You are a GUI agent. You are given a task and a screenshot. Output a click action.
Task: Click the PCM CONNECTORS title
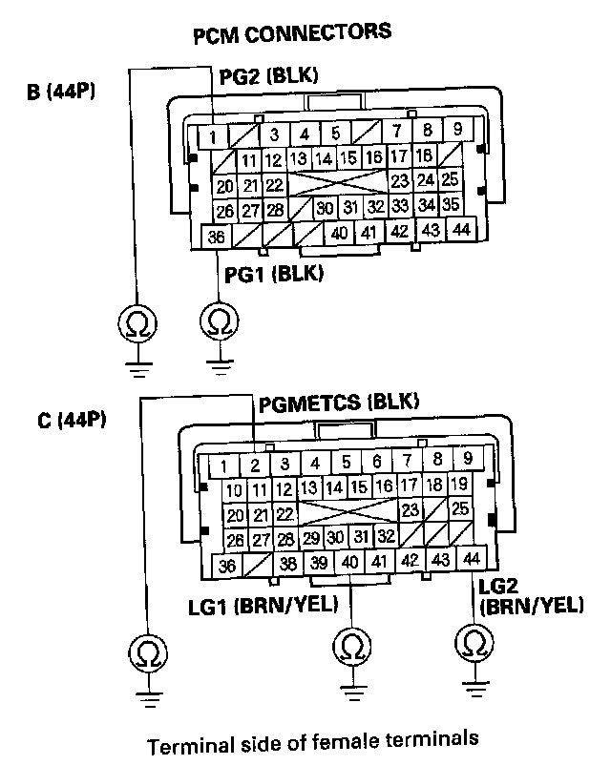point(292,32)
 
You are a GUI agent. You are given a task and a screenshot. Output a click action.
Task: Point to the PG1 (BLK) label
point(275,275)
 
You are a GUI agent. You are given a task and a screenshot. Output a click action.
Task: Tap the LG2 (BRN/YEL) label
point(532,595)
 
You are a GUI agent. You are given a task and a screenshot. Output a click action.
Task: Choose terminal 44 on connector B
point(462,229)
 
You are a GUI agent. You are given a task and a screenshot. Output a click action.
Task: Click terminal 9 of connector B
point(458,130)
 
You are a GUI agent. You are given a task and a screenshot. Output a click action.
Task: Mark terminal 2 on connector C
point(255,466)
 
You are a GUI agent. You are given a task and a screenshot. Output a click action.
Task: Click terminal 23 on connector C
point(411,509)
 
